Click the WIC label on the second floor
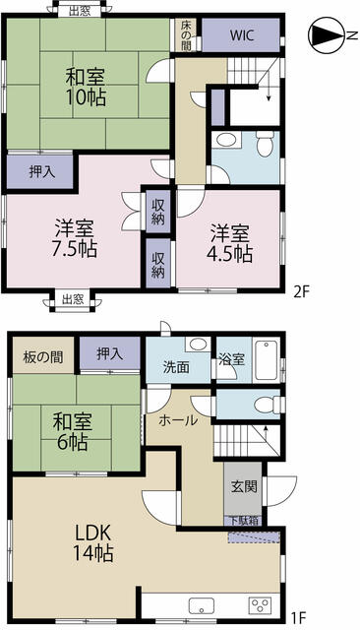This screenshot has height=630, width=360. tap(241, 35)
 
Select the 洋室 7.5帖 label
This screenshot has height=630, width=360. tap(74, 237)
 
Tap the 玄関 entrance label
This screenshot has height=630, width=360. tap(243, 485)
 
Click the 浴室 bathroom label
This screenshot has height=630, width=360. tap(231, 360)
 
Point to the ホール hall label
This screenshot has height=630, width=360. tap(177, 420)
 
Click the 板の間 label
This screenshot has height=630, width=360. tap(37, 356)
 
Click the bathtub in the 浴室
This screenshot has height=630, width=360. tap(266, 355)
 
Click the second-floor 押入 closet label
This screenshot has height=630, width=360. tap(40, 171)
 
